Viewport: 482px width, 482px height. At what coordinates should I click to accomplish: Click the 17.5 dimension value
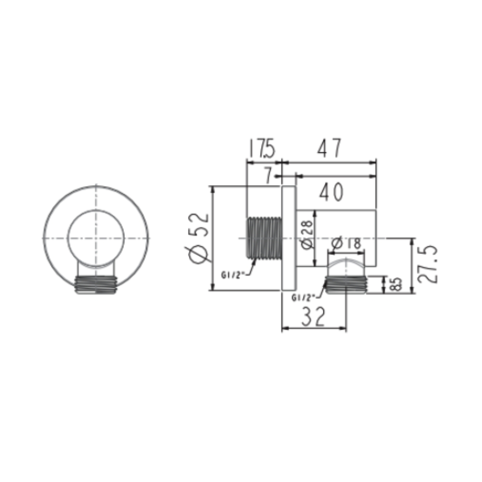click(261, 149)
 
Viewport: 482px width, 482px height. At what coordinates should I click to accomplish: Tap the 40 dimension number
click(331, 192)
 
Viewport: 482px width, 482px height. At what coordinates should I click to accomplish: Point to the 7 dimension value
click(268, 176)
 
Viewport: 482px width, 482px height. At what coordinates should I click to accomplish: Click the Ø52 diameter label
click(200, 239)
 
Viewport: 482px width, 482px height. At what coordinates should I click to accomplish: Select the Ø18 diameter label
click(346, 244)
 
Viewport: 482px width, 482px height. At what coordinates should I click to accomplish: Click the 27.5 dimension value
click(427, 265)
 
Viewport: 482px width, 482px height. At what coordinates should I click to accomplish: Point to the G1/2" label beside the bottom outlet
click(303, 297)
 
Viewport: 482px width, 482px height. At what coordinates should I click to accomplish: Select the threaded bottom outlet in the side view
click(346, 284)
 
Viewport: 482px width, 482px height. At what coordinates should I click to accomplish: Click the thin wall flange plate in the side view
click(288, 239)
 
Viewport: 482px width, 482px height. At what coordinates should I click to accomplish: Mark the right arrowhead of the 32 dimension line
click(344, 329)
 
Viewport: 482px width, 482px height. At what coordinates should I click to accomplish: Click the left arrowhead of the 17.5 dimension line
click(249, 163)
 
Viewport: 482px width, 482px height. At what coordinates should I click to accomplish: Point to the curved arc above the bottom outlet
click(346, 262)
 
